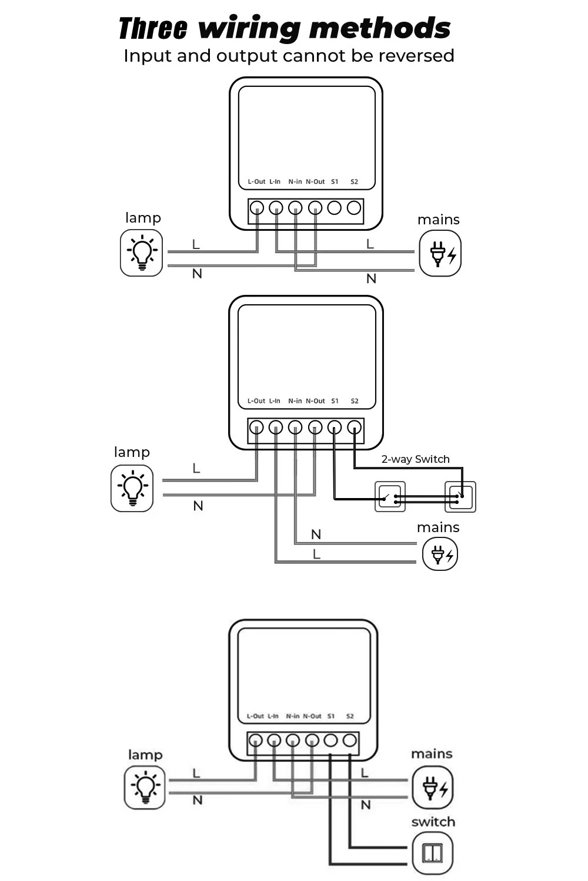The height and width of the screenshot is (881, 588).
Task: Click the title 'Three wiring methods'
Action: pos(285,28)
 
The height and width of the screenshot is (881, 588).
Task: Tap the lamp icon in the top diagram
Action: pos(141,253)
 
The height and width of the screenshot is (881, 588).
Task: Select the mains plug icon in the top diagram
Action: pos(440,254)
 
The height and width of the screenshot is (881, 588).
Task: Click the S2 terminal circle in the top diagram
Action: pos(354,208)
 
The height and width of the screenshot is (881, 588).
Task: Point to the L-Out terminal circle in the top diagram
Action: pos(257,208)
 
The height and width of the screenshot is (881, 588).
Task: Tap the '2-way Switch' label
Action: pos(415,459)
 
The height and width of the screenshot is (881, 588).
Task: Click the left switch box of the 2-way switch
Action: pos(390,497)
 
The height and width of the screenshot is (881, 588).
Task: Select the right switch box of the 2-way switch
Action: pos(460,497)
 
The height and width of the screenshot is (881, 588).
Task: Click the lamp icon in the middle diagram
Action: pos(132,489)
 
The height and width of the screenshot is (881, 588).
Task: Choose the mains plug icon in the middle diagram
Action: pos(440,554)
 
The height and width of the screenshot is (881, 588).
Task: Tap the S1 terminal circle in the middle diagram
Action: pos(335,428)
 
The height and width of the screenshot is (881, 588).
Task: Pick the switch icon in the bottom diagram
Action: pos(433,853)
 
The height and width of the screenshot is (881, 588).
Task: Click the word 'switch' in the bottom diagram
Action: pos(433,822)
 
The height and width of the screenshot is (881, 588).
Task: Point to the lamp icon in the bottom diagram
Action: pos(145,788)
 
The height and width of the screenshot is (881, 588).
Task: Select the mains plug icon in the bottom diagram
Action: pos(432,788)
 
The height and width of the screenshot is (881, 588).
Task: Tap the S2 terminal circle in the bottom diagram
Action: pos(350,740)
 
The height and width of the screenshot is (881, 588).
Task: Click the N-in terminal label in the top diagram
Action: pos(295,182)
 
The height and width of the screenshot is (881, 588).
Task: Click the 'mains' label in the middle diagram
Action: pos(438,527)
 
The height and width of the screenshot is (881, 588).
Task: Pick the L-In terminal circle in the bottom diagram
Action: pos(274,740)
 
